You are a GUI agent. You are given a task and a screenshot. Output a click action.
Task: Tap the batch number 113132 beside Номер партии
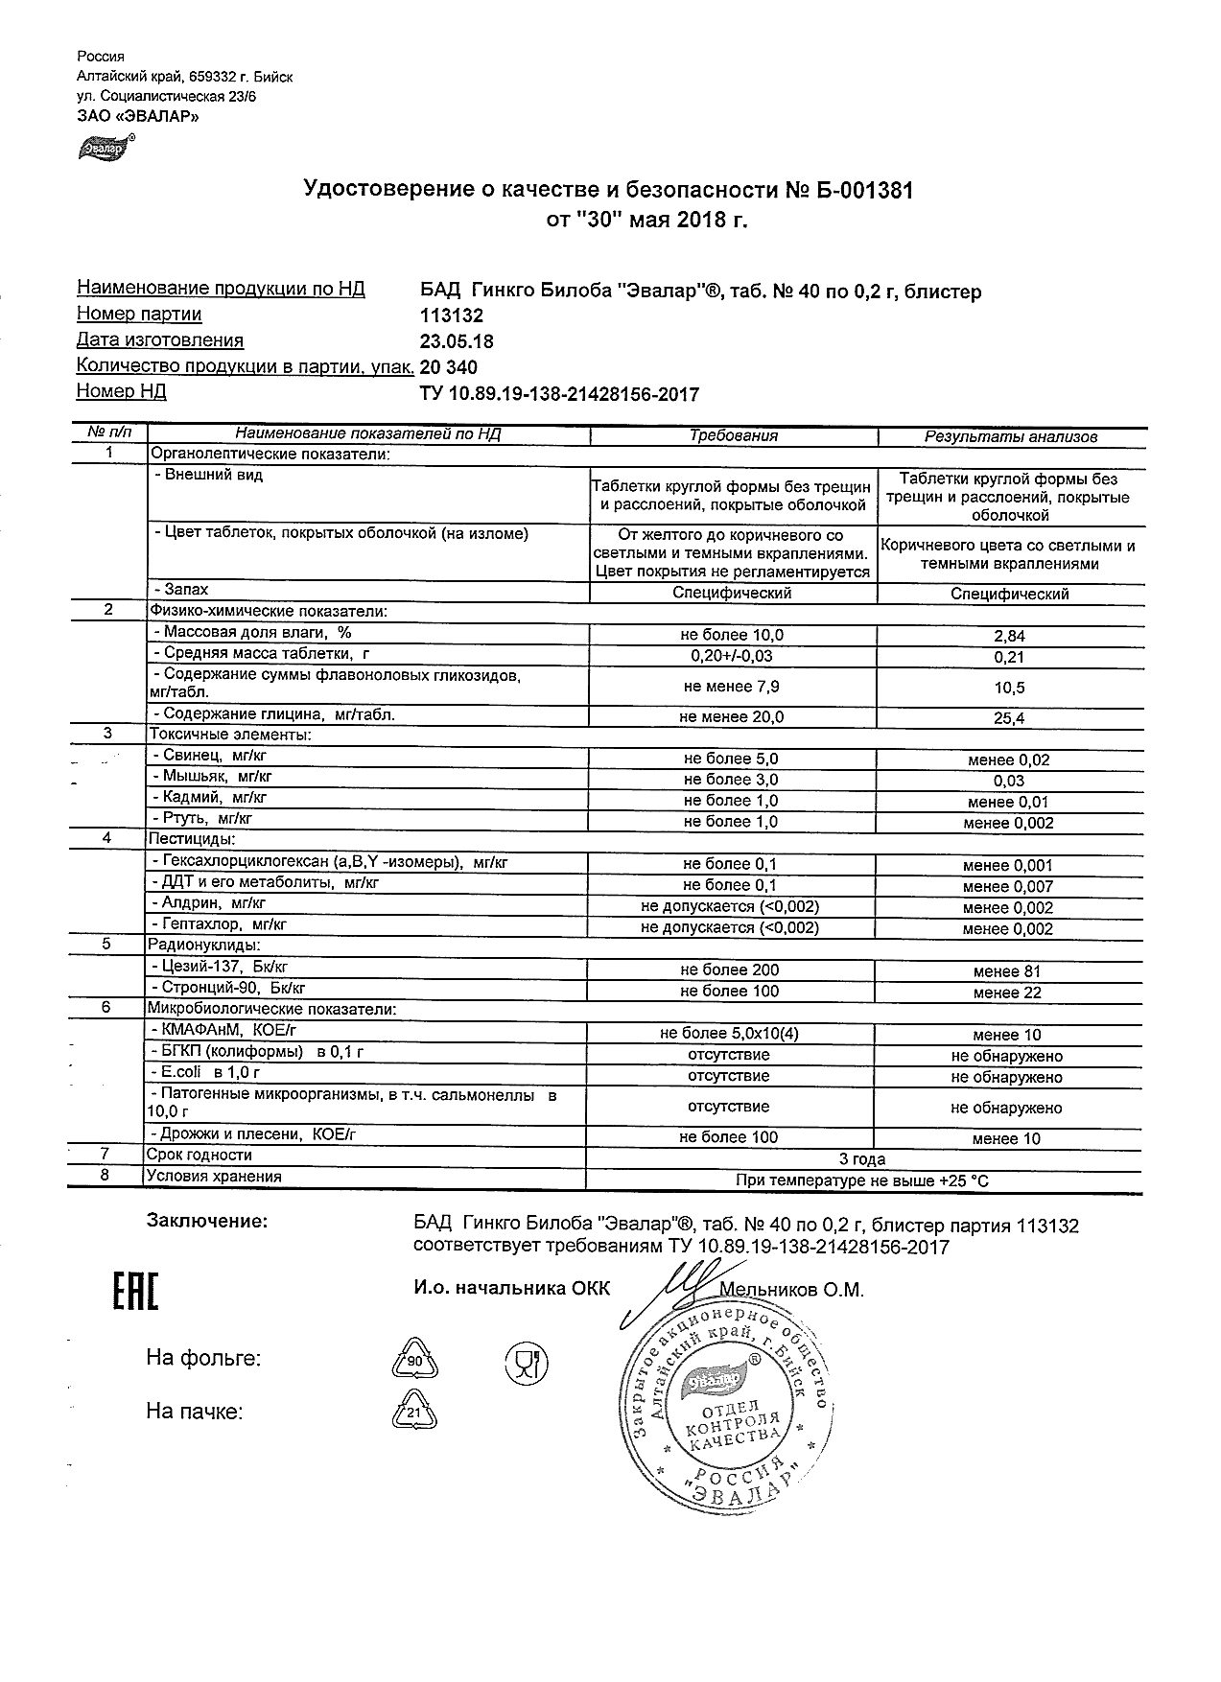pos(451,315)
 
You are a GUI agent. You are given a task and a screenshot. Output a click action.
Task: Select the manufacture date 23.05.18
pos(457,341)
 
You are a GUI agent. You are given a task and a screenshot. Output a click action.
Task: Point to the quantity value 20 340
pos(449,367)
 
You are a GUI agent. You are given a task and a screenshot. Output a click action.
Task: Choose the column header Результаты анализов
pos(1010,436)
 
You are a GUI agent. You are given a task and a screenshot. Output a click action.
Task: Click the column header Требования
pos(734,435)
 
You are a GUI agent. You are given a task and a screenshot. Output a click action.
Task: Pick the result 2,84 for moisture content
pos(1010,636)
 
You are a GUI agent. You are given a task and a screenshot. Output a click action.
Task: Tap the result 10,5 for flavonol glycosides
pos(1010,688)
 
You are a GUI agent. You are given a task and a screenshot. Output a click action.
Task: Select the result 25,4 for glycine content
pos(1010,717)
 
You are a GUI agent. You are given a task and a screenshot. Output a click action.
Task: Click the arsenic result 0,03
pos(1010,781)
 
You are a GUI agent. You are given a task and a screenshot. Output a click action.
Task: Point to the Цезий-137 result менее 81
pos(1006,971)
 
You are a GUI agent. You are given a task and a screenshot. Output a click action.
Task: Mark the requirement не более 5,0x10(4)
pos(729,1034)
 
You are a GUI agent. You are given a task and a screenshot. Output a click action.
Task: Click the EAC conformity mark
pos(135,1293)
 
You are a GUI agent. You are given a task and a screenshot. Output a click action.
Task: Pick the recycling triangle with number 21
pos(414,1413)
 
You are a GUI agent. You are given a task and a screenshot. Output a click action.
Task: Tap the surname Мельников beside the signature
pos(766,1291)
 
